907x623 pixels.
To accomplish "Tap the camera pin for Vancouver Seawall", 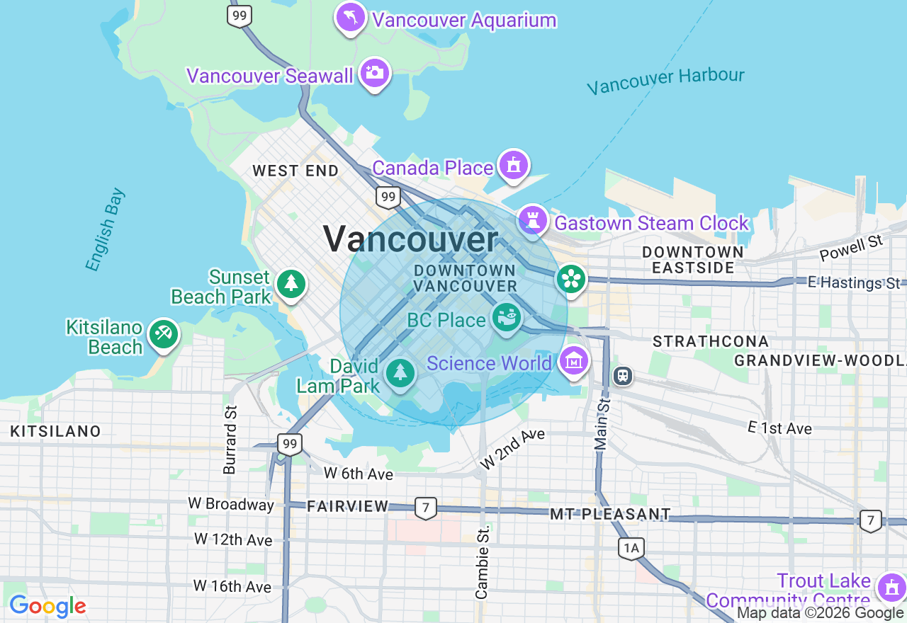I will tap(374, 72).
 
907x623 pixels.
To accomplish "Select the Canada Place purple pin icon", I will tap(513, 165).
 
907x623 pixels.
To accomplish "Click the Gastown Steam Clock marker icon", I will tap(533, 221).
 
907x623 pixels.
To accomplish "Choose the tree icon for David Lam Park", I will tap(400, 372).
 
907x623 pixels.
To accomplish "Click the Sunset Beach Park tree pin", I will tap(291, 283).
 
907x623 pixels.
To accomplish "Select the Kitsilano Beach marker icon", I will tap(164, 334).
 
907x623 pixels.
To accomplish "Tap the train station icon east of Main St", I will tap(624, 375).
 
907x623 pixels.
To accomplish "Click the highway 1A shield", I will tap(630, 547).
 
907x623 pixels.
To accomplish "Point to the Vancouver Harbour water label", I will tap(666, 80).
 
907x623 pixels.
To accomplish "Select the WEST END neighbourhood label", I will tap(295, 171).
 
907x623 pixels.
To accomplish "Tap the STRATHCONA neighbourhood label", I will tap(711, 342).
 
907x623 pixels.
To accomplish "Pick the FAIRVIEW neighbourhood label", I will tap(348, 506).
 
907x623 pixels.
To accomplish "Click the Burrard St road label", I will tap(230, 440).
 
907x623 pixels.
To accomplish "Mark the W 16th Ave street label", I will tap(232, 587).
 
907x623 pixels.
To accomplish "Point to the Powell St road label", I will tap(851, 248).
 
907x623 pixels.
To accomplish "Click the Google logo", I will tap(47, 606).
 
